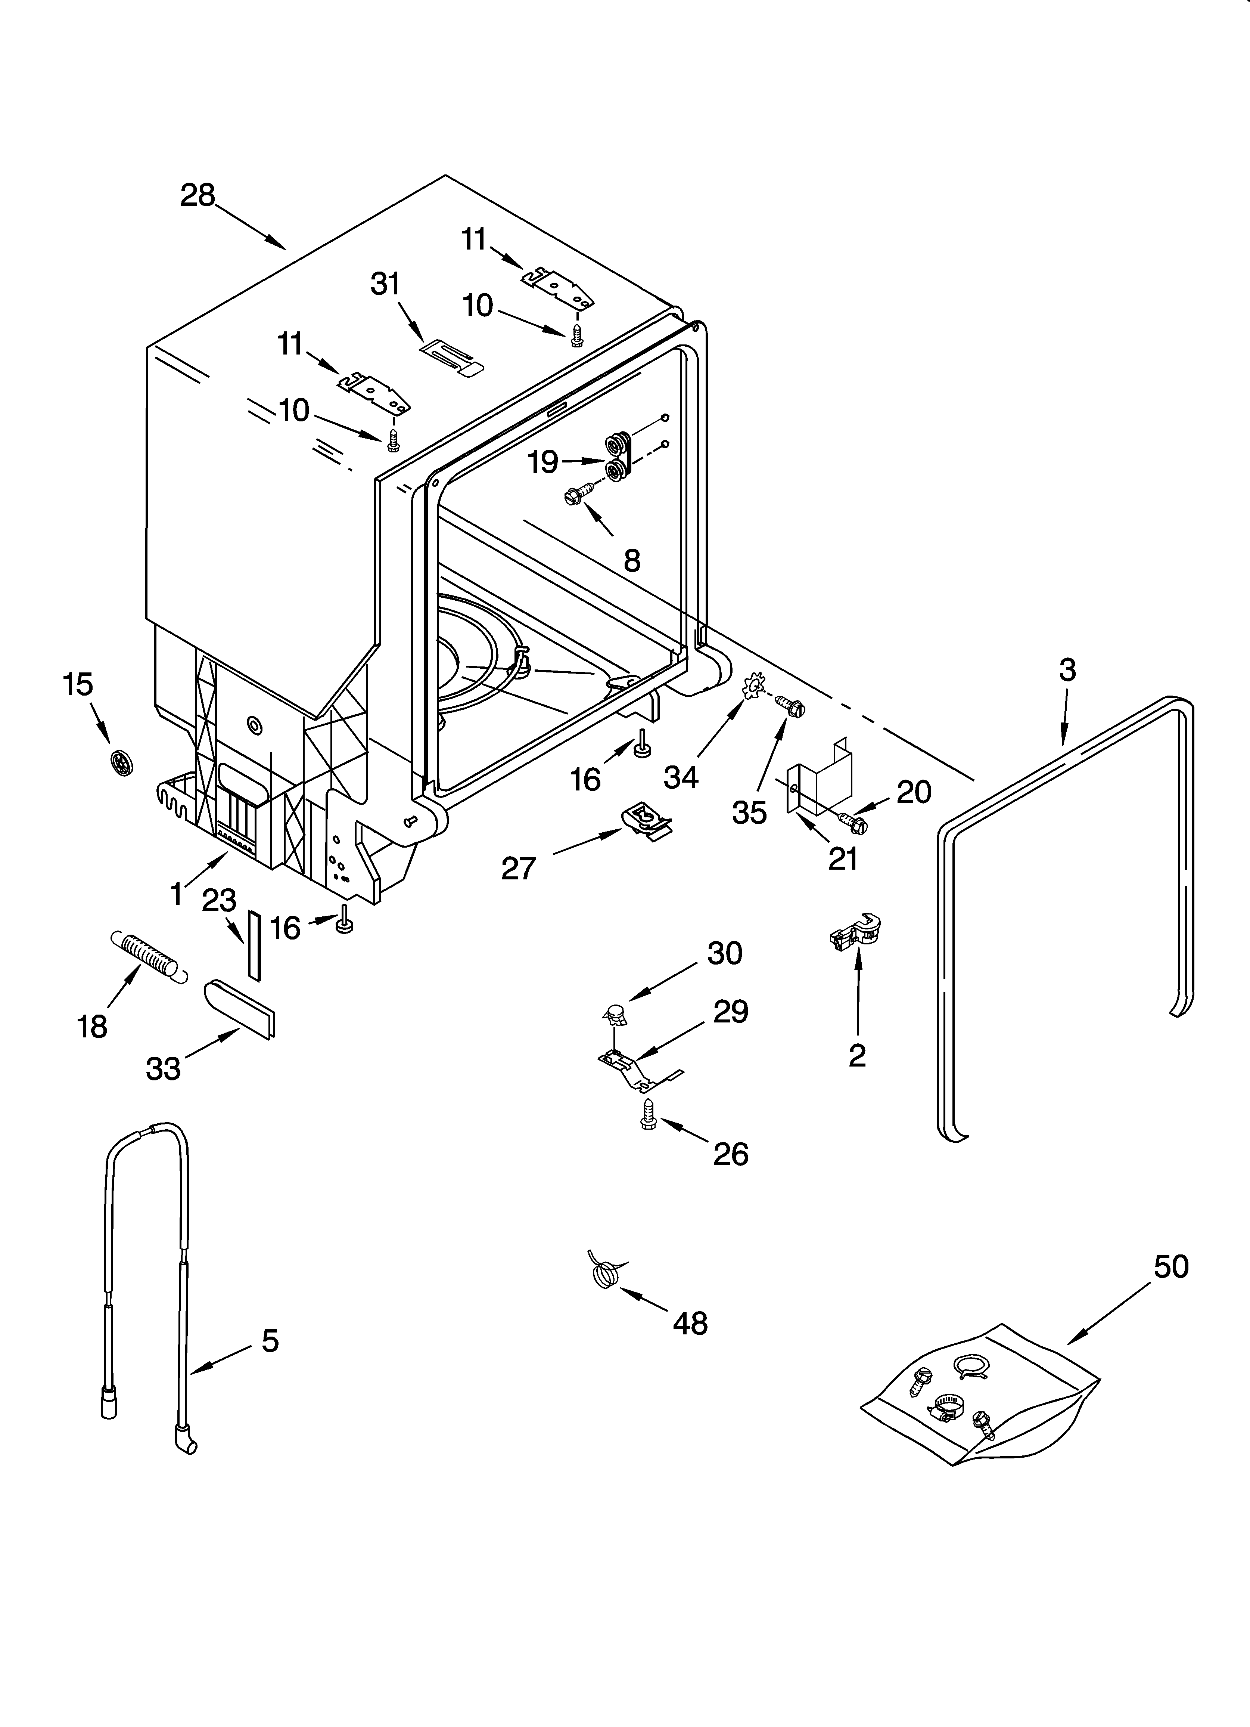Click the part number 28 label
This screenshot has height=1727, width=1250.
click(198, 196)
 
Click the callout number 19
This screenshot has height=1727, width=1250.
click(543, 461)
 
